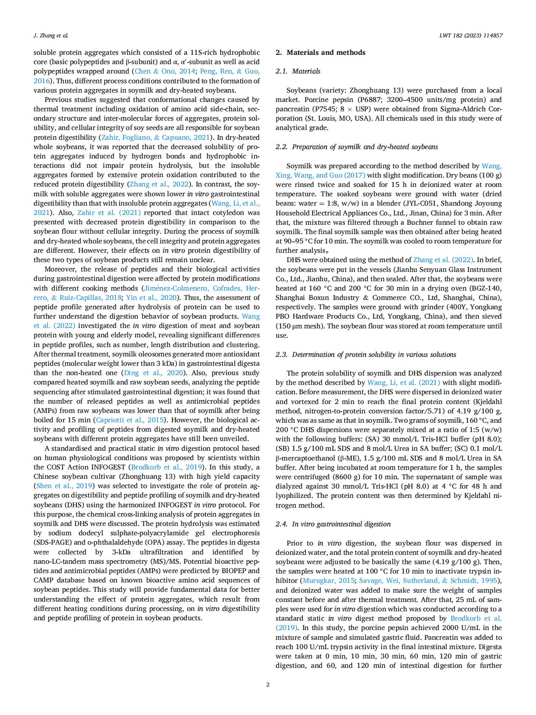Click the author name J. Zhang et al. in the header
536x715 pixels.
(x=51, y=35)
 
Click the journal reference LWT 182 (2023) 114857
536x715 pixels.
(x=471, y=35)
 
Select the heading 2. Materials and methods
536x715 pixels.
(x=320, y=52)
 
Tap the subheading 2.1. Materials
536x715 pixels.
(x=298, y=71)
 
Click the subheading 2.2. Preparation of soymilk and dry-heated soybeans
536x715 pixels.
(x=356, y=147)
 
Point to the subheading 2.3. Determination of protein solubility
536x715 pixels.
(x=366, y=354)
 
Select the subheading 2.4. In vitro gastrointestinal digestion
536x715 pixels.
(x=333, y=524)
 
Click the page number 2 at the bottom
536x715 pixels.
(x=268, y=684)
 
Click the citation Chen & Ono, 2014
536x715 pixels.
(x=165, y=71)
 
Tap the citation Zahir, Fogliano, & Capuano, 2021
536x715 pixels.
(x=156, y=137)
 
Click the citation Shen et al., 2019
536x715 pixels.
(x=64, y=486)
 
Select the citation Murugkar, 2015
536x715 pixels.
(x=329, y=580)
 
